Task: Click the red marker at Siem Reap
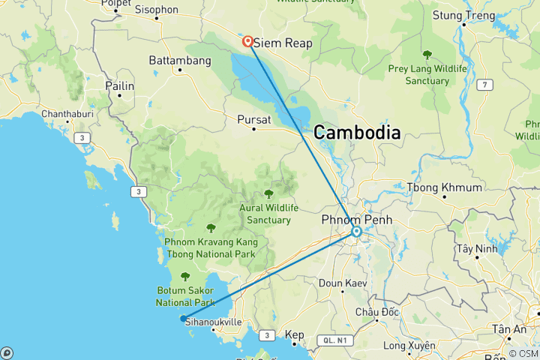pos(247,40)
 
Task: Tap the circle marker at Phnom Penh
pos(357,232)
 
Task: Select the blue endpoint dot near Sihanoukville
pos(183,318)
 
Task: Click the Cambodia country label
pos(356,133)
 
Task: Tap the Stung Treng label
pos(464,15)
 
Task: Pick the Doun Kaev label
pos(341,283)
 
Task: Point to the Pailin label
pos(120,86)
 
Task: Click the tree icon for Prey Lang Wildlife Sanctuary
pos(427,54)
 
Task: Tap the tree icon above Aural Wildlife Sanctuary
pos(268,193)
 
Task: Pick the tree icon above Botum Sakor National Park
pos(185,277)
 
